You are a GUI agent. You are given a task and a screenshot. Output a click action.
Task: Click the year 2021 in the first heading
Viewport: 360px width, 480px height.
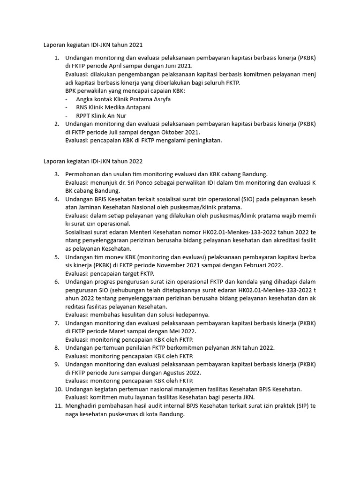click(x=135, y=45)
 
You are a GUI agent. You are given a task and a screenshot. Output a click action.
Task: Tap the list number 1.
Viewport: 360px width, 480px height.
click(x=56, y=58)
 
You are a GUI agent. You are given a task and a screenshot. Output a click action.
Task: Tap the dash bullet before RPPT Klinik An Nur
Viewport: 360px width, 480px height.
click(x=67, y=116)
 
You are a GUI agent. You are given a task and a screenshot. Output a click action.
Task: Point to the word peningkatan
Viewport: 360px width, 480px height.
click(x=202, y=140)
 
